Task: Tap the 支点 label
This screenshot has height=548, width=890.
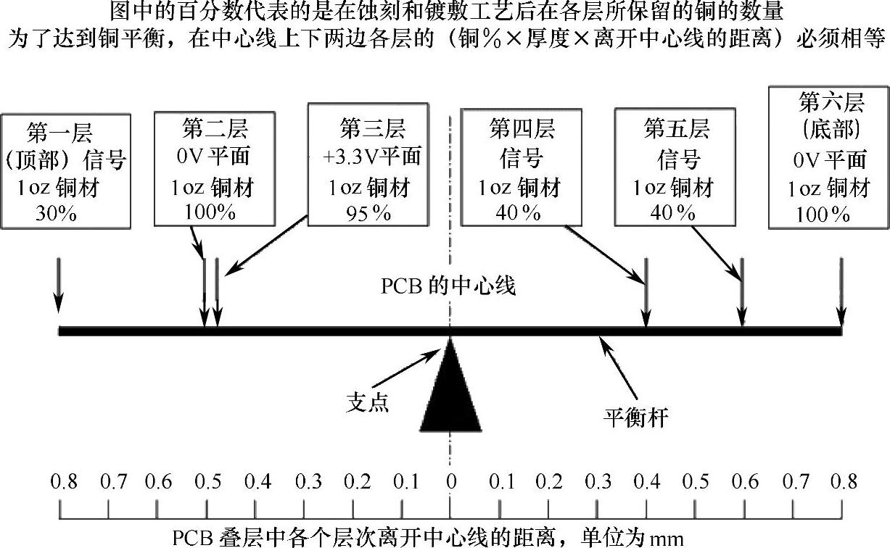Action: coord(368,402)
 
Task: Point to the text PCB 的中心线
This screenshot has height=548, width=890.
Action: coord(448,286)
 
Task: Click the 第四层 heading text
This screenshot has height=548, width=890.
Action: coord(522,130)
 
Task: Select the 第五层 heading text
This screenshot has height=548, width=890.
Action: coord(676,130)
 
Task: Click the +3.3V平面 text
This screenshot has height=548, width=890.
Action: coord(372,157)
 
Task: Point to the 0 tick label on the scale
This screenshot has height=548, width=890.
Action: coord(450,482)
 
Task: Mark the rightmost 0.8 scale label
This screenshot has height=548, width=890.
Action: coord(842,482)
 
